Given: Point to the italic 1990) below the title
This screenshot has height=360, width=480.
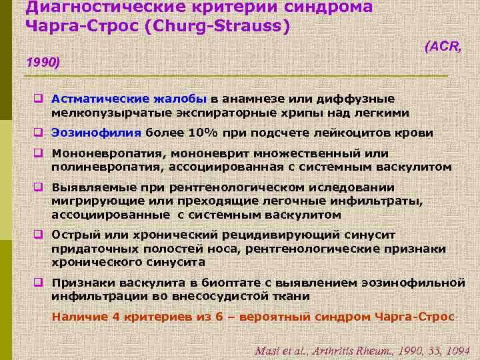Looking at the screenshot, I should pyautogui.click(x=43, y=63).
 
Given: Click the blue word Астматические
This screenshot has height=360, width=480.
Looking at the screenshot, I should pyautogui.click(x=98, y=99).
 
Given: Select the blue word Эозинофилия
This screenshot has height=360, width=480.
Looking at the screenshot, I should pyautogui.click(x=89, y=133).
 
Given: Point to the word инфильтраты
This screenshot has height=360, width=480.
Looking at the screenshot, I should pyautogui.click(x=383, y=201).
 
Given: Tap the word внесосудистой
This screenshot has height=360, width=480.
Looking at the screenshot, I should pyautogui.click(x=201, y=296).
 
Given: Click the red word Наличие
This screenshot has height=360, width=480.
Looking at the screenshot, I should pyautogui.click(x=77, y=316).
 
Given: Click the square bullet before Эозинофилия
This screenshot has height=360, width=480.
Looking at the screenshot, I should pyautogui.click(x=39, y=133).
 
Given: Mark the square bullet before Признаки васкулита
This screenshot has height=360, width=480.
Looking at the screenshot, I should pyautogui.click(x=39, y=283).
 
